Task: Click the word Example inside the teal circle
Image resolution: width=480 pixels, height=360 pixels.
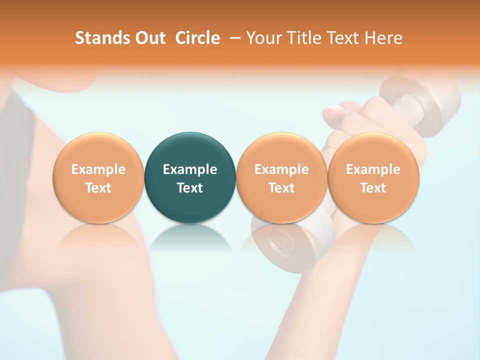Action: pyautogui.click(x=190, y=169)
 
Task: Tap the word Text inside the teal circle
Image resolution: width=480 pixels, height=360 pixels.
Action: pyautogui.click(x=190, y=188)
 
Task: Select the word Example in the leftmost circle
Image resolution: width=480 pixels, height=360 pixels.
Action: pyautogui.click(x=98, y=169)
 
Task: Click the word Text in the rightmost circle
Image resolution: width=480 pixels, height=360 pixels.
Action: pyautogui.click(x=373, y=188)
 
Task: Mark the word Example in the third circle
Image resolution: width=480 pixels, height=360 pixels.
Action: pyautogui.click(x=281, y=169)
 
